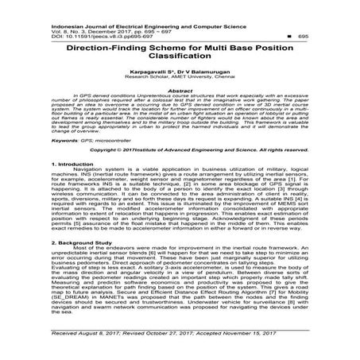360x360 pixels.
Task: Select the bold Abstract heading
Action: [x=180, y=91]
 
